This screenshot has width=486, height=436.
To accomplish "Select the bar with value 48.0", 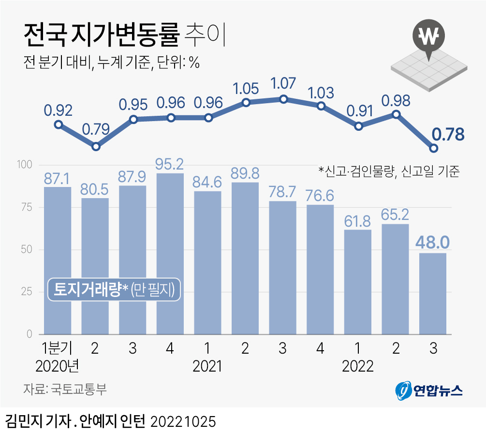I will (x=433, y=294).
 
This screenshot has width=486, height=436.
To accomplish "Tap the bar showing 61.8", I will (x=358, y=282).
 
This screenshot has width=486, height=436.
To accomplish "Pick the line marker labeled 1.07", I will (x=284, y=99).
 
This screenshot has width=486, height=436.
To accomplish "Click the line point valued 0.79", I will (x=96, y=146).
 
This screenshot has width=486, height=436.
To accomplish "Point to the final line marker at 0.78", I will (x=434, y=148).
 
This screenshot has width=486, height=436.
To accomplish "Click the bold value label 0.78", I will (x=448, y=134).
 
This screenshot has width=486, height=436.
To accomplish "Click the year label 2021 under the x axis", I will (x=207, y=366).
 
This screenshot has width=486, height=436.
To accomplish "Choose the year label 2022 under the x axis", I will (x=358, y=366).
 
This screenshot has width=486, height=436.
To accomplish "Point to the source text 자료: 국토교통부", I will (x=64, y=389).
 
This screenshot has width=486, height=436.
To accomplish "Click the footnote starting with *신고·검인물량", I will (x=388, y=171).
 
